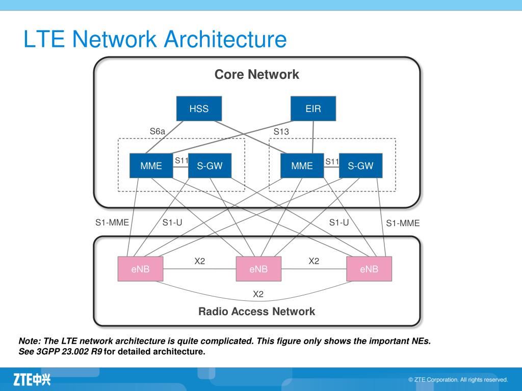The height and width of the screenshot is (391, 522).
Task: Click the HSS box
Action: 199,108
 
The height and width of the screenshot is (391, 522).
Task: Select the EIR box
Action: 314,108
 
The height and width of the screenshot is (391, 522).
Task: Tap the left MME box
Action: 151,165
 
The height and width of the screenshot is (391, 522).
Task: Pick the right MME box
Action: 302,165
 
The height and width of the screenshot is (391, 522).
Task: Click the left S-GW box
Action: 210,165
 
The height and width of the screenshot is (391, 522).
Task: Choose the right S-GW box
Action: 360,165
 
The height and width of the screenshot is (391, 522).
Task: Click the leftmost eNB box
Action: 141,269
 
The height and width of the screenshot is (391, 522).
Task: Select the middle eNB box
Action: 258,269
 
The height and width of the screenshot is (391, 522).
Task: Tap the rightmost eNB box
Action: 369,269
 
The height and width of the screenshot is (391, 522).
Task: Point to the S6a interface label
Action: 158,131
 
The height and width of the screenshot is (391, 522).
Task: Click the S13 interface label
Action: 281,132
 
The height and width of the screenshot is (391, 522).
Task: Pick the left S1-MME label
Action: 112,222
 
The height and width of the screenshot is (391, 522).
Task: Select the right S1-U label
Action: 339,222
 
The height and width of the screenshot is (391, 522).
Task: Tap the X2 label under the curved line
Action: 258,294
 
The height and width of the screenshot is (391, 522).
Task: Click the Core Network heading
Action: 257,74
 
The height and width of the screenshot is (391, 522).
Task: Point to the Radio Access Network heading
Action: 257,311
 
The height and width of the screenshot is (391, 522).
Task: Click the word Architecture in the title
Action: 225,39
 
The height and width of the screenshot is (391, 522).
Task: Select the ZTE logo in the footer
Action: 32,379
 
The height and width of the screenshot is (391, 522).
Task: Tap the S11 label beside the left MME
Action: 182,160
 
